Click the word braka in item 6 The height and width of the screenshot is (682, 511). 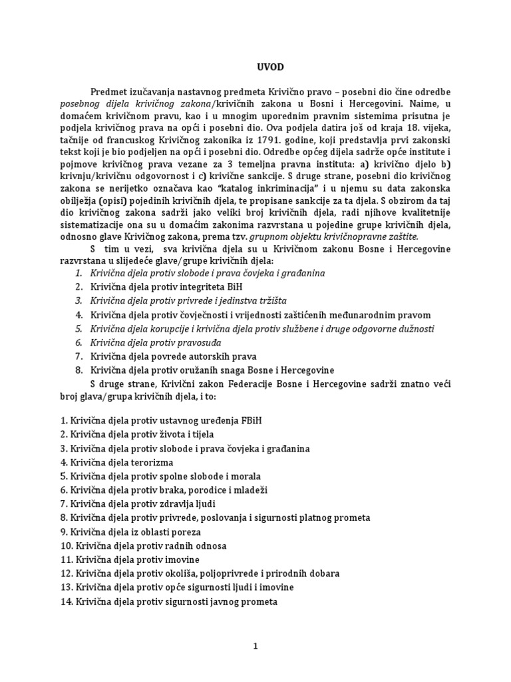coord(174,490)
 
